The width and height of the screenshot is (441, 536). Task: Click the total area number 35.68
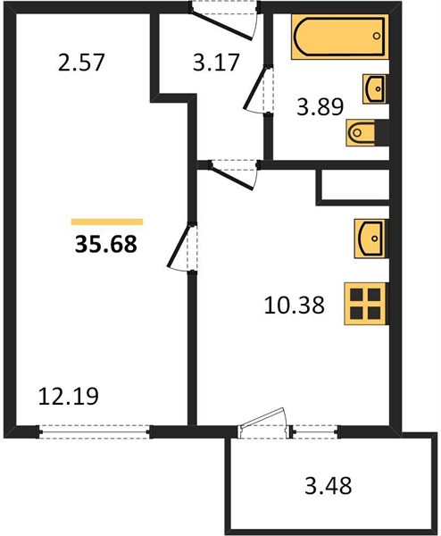(x=106, y=244)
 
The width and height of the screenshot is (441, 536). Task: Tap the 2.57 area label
(x=80, y=63)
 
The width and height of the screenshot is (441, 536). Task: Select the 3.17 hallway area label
(x=215, y=63)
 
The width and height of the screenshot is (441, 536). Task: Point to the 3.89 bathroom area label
(x=320, y=106)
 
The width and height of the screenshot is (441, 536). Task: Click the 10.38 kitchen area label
(x=294, y=306)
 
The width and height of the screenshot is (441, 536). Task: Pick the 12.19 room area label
(x=69, y=396)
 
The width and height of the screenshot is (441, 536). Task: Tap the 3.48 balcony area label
(x=328, y=486)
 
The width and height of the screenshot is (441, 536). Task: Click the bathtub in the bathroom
(x=340, y=37)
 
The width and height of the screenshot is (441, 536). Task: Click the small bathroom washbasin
(x=375, y=88)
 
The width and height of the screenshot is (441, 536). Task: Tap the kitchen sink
(x=370, y=239)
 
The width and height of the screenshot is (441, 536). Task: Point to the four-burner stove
(x=365, y=303)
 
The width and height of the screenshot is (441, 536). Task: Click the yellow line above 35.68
(x=107, y=222)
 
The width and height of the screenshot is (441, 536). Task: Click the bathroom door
(x=256, y=89)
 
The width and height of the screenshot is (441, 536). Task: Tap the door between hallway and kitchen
(x=232, y=175)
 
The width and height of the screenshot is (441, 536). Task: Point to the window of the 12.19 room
(x=95, y=431)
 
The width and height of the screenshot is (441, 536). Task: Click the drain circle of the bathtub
(x=377, y=36)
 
